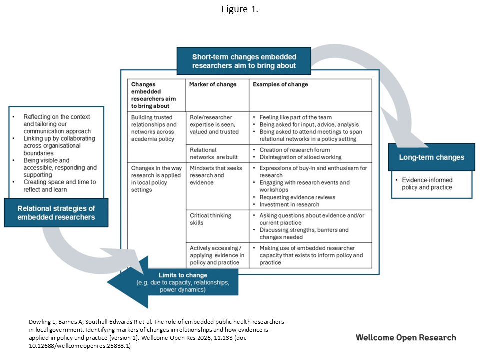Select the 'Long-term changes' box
coord(431,157)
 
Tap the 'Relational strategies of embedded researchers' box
coord(56,212)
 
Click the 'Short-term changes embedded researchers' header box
coord(244,61)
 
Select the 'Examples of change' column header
coord(280,85)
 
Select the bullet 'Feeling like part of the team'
coord(296,118)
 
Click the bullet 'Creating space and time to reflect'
coord(60,186)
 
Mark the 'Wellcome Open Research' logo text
coord(406,337)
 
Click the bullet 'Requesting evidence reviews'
coord(297,197)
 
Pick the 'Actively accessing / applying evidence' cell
coord(215,255)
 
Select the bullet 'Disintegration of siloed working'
coord(300,157)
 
